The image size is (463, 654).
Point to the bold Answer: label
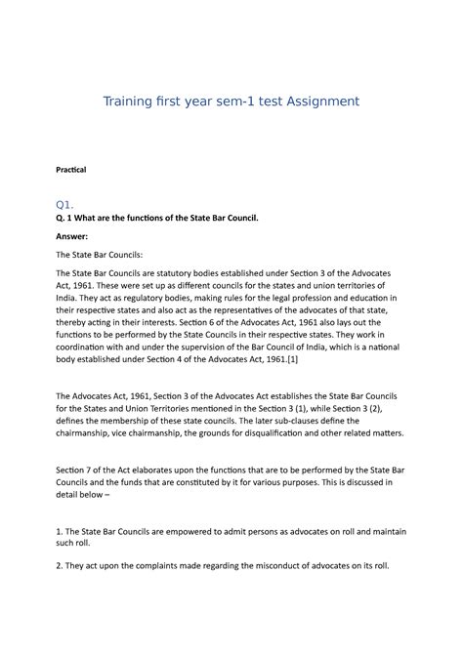72,235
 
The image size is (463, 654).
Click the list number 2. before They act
59,565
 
